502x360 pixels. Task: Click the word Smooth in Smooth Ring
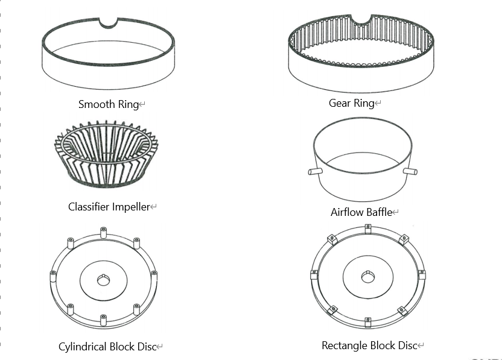[97, 104]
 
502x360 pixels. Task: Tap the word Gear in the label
[340, 103]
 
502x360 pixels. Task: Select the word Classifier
[89, 207]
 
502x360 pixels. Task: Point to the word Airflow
[348, 212]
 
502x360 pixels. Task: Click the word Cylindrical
[82, 347]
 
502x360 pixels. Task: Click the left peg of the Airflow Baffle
[313, 172]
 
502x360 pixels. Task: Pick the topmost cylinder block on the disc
[103, 232]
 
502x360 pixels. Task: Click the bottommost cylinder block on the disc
[103, 317]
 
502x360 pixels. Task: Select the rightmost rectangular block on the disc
[422, 274]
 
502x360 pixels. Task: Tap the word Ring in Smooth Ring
[127, 104]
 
